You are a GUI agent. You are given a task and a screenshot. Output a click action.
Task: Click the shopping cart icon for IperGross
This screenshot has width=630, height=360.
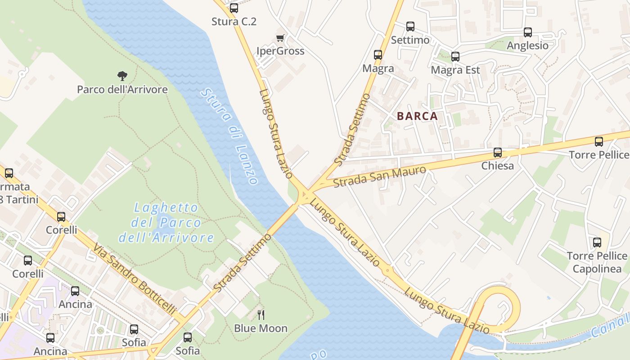point(280,38)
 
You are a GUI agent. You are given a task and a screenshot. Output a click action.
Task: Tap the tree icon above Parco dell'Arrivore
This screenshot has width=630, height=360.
point(122,76)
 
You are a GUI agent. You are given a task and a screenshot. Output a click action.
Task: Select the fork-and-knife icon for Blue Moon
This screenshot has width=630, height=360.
point(261,315)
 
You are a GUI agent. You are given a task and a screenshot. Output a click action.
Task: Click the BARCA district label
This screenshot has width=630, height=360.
point(417,116)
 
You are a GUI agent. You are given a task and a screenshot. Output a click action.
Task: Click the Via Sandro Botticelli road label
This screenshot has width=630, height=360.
point(134,279)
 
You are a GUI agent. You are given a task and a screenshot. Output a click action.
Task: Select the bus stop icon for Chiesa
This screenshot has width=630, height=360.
point(497,153)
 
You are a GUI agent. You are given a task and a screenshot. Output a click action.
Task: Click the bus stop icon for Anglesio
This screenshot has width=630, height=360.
point(527,32)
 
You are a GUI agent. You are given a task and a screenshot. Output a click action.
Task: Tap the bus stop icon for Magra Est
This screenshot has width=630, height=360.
point(455,57)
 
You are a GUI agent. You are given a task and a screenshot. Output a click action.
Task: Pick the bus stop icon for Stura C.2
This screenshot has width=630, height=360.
point(234,8)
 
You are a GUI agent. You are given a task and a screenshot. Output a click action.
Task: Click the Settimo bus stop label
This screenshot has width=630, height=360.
point(410,40)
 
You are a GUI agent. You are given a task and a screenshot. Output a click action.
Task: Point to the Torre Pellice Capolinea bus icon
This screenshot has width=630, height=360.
point(597,243)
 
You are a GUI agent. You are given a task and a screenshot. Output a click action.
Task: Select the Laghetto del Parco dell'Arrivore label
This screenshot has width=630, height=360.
point(166,222)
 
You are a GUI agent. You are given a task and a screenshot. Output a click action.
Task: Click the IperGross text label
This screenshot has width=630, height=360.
point(280,51)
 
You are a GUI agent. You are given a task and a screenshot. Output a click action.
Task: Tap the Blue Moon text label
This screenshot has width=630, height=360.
point(261,328)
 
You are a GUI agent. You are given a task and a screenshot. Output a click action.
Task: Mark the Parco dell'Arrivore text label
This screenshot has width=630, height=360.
point(122,89)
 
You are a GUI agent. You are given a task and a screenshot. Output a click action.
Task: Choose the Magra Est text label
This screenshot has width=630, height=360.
point(455,70)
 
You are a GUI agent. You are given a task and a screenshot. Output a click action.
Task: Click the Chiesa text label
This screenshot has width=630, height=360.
point(497,166)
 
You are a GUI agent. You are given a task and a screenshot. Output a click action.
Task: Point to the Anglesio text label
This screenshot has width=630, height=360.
point(527,45)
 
